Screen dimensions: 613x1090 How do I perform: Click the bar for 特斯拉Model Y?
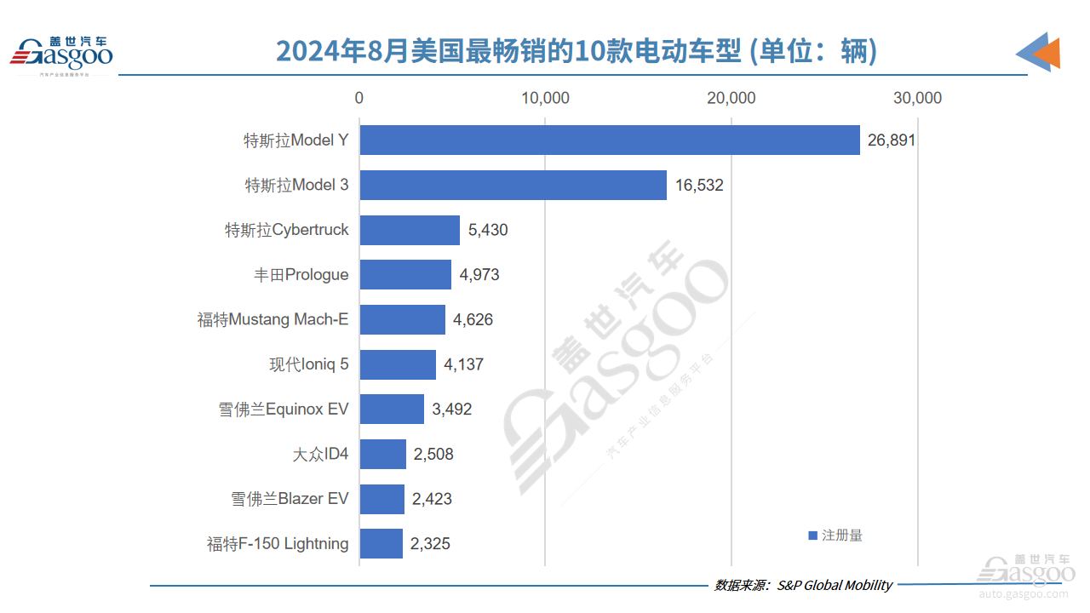[x=609, y=140]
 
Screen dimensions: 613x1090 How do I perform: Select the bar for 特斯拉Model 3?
[x=513, y=185]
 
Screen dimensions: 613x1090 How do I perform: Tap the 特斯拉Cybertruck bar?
[x=409, y=230]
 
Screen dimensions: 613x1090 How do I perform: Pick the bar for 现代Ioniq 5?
[x=397, y=365]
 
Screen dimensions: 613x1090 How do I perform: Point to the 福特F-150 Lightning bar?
[x=381, y=543]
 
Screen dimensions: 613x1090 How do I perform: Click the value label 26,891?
[x=892, y=140]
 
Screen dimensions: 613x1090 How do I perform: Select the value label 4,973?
[x=479, y=275]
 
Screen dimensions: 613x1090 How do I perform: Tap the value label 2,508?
[x=433, y=454]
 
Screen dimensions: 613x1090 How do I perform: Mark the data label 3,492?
[x=451, y=410]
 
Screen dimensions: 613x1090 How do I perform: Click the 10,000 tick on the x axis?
[x=545, y=98]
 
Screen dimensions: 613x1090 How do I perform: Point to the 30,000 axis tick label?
[x=917, y=98]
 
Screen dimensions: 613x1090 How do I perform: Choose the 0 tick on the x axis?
[x=359, y=98]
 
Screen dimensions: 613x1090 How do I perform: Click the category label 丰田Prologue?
[x=301, y=275]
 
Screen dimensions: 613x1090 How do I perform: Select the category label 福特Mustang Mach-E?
[x=273, y=320]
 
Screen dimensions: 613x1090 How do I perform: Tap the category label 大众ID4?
[x=320, y=454]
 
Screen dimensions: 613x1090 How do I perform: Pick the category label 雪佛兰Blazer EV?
[x=290, y=499]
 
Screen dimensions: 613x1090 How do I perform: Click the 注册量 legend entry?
[x=835, y=536]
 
